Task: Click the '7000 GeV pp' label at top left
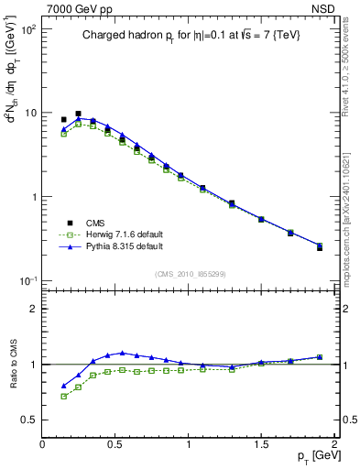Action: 74,8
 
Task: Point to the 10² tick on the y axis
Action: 28,29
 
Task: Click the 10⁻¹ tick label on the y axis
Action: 27,280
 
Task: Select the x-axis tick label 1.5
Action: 261,443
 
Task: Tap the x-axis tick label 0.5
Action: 115,443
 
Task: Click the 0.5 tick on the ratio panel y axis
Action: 29,420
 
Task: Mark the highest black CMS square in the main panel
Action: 78,115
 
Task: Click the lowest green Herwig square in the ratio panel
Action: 63,397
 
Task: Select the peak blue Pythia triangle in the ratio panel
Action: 122,353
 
